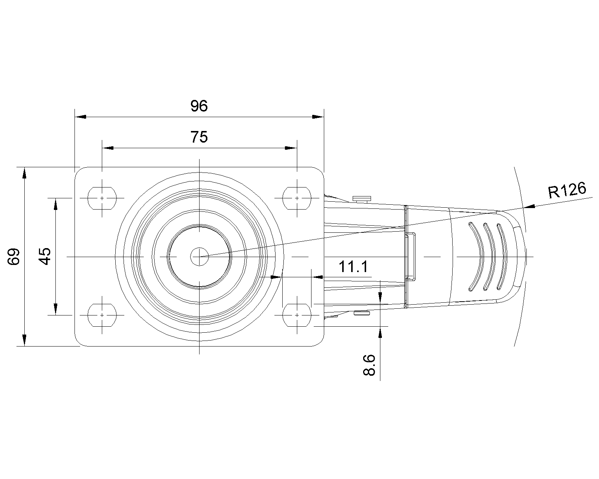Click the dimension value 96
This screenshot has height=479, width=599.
coord(199,106)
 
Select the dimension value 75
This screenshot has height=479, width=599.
coord(199,137)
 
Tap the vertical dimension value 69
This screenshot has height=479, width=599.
coord(13,257)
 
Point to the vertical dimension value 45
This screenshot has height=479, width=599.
coord(45,256)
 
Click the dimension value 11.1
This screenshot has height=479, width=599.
coord(353,267)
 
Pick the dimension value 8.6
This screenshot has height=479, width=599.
coord(370,365)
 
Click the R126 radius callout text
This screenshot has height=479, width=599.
coord(567,190)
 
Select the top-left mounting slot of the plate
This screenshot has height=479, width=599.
coord(102,198)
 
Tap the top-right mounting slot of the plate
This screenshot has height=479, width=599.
coord(297,198)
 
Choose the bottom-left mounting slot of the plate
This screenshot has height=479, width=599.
coord(102,315)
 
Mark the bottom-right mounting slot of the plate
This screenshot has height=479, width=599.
coord(297,315)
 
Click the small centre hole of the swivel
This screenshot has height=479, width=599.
coord(199,257)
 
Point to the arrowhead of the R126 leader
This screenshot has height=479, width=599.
coord(529,207)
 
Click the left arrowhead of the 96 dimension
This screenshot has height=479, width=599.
coord(80,117)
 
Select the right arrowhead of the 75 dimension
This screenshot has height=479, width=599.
coord(291,148)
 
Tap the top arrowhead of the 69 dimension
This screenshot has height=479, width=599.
coord(24,173)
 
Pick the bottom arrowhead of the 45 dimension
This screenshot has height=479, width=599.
coord(56,309)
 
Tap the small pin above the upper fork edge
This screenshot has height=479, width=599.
coord(362,198)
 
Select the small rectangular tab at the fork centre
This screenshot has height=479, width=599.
coord(410,256)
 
